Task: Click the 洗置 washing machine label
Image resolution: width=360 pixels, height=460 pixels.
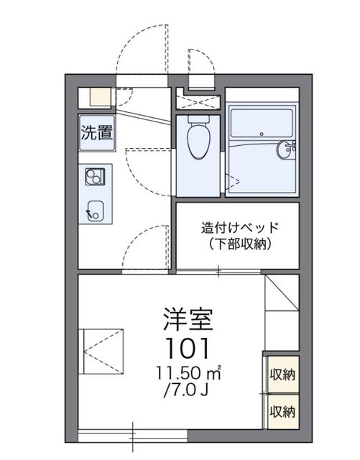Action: click(95, 132)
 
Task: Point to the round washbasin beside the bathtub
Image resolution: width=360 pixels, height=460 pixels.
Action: click(286, 150)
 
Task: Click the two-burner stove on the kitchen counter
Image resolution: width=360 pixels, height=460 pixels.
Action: click(95, 175)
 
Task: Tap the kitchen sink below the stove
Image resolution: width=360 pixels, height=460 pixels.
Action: click(95, 210)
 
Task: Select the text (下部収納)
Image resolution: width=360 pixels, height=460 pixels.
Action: click(238, 244)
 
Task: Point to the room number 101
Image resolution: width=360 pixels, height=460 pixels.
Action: click(188, 349)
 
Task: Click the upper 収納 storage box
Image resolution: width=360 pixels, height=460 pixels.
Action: click(282, 374)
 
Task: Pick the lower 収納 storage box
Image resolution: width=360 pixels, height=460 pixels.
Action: click(282, 411)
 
